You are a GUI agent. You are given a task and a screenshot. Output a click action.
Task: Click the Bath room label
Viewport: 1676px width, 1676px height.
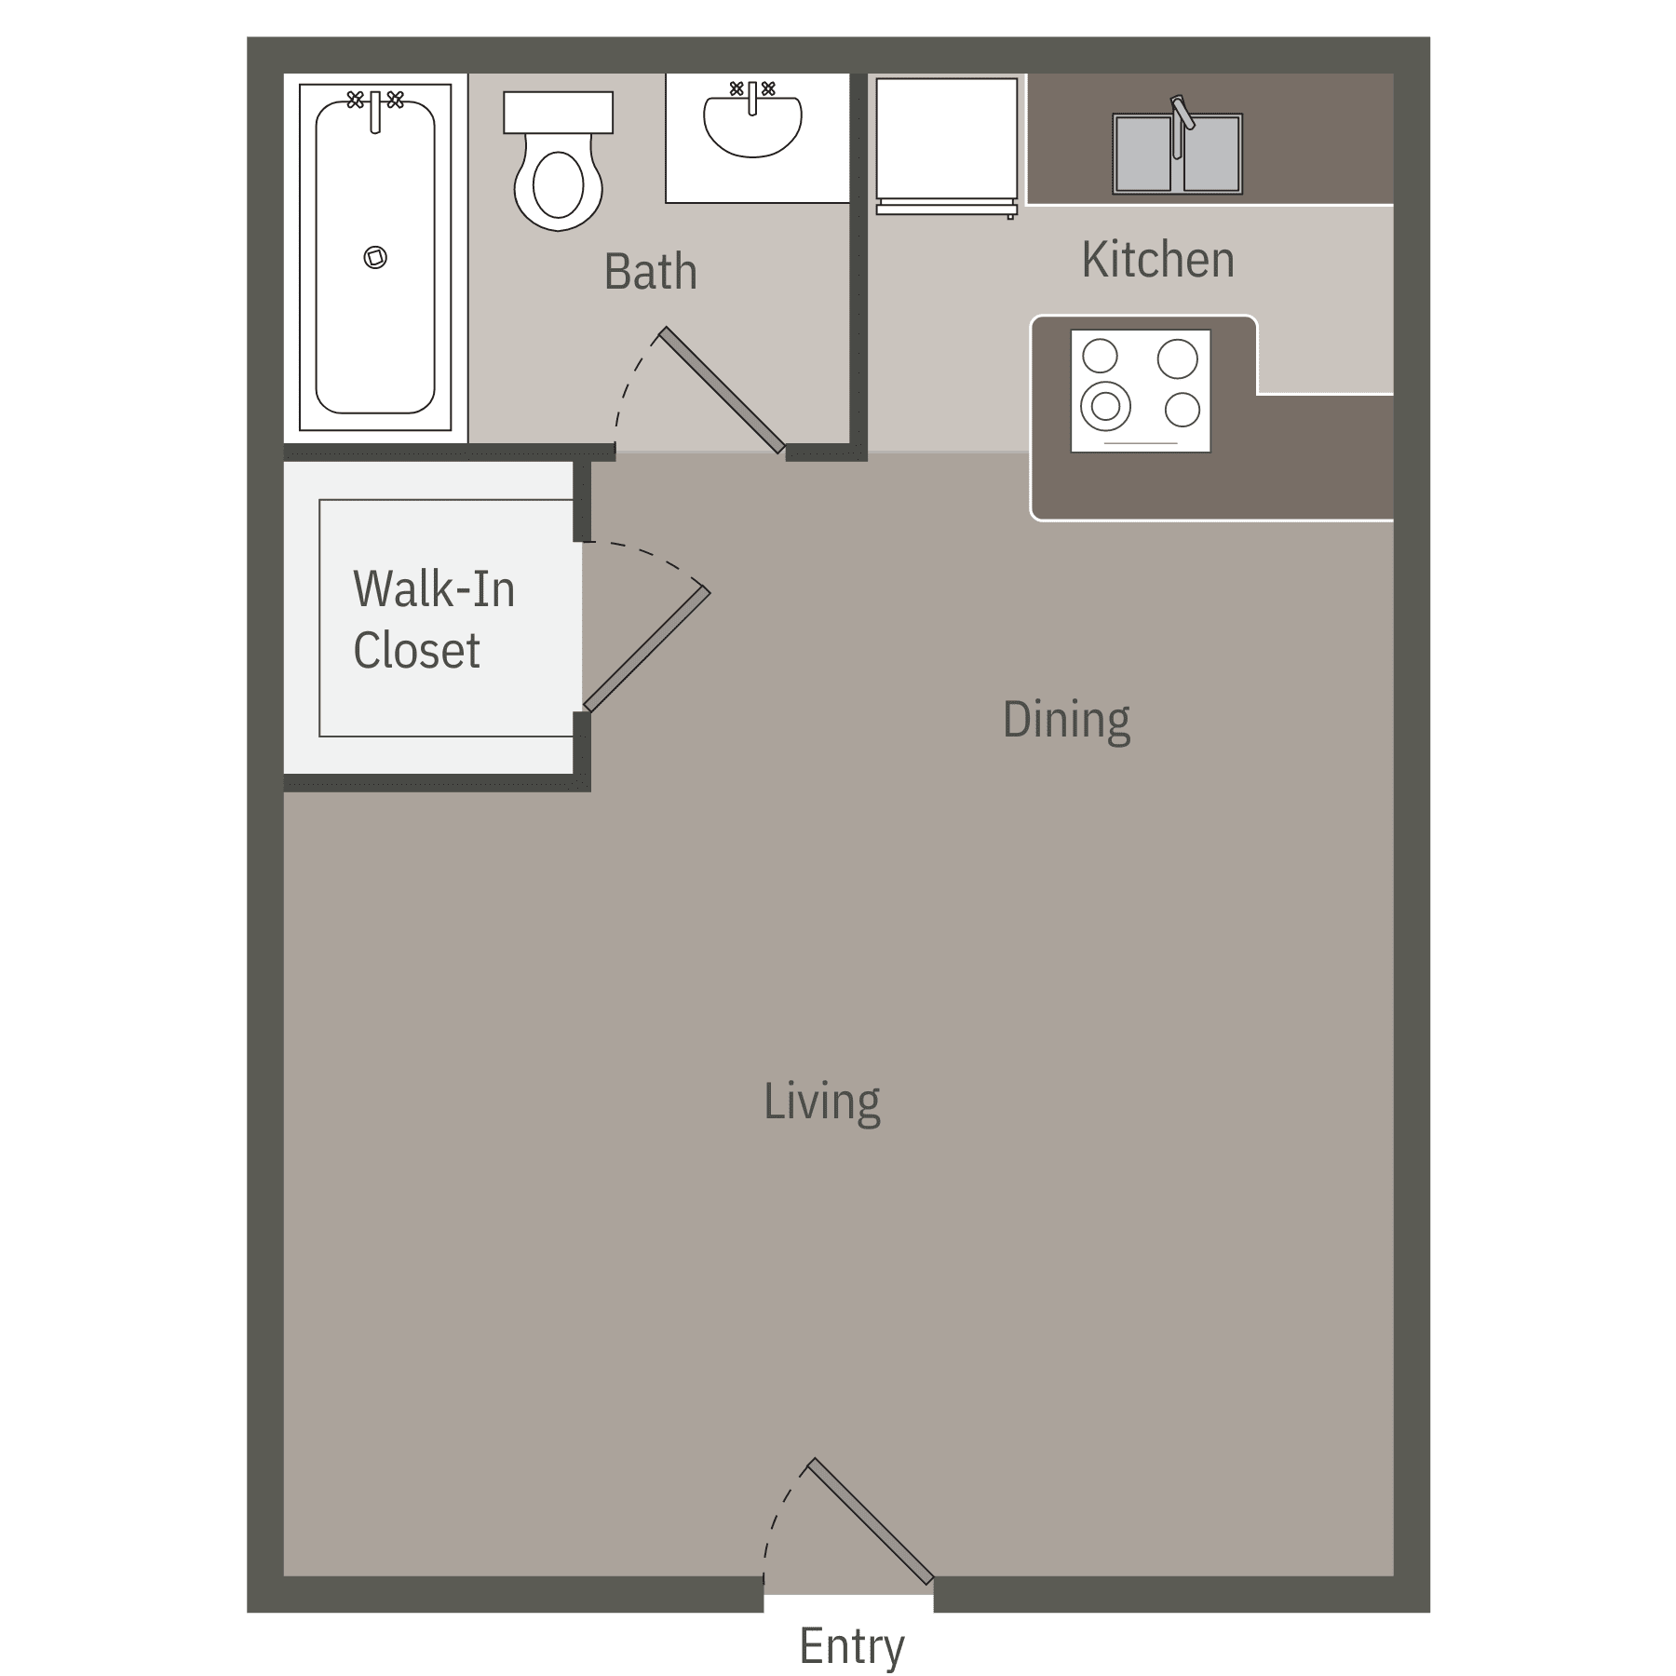[x=650, y=272]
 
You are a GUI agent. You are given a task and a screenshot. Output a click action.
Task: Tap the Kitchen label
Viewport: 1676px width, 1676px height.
[x=1157, y=260]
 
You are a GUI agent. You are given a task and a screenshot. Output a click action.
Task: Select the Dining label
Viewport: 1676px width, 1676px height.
[x=1066, y=720]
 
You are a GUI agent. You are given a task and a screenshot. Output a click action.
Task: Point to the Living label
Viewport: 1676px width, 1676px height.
[x=821, y=1102]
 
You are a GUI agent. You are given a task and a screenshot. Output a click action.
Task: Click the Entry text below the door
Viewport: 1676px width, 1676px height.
[x=851, y=1646]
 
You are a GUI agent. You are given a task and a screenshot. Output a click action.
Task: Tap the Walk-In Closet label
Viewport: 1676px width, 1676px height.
[x=433, y=619]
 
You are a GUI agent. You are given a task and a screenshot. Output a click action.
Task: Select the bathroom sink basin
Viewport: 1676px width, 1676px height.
[x=752, y=125]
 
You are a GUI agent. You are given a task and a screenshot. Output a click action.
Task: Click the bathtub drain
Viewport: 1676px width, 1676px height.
[x=375, y=257]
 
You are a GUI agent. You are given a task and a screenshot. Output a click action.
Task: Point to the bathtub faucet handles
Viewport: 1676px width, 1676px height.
[x=375, y=100]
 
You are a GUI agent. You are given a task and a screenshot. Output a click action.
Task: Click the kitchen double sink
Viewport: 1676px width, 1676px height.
[x=1177, y=155]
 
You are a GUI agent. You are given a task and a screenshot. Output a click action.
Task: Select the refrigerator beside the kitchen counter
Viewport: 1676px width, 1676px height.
[x=946, y=140]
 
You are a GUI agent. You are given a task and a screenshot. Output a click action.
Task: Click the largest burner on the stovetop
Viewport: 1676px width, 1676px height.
[x=1105, y=406]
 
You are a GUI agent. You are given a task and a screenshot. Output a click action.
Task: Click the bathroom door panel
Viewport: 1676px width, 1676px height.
[x=722, y=390]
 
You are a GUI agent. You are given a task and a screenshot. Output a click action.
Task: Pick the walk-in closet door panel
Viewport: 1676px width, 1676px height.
[x=646, y=649]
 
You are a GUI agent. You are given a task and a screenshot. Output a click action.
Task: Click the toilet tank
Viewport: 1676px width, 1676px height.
[x=558, y=112]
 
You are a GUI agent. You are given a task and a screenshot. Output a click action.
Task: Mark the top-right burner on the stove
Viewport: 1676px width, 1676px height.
[x=1177, y=358]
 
